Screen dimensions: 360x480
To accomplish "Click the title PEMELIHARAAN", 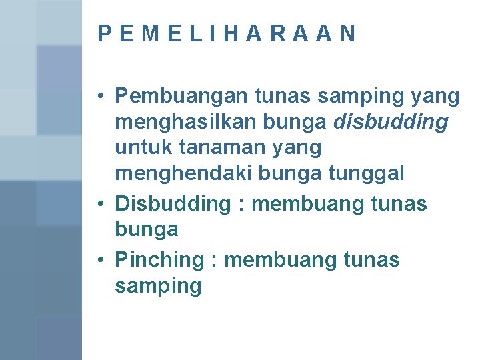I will (227, 33).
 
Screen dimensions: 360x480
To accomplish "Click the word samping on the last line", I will (158, 287).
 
